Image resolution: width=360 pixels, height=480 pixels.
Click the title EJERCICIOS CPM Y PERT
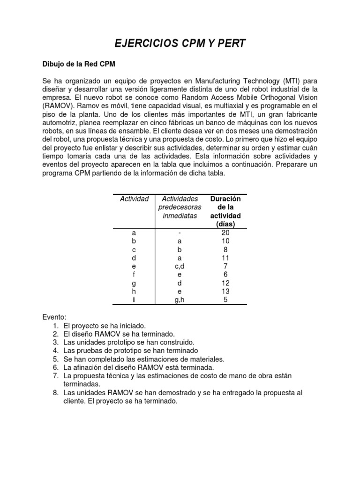pos(180,44)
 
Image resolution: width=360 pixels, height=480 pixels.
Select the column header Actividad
pos(134,199)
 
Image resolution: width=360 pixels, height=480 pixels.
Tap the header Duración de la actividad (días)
pos(225,211)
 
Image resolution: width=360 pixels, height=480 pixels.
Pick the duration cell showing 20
pos(225,232)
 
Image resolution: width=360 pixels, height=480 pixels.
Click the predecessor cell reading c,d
pos(180,266)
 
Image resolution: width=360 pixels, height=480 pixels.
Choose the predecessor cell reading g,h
pos(180,300)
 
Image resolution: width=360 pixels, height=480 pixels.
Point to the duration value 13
pos(225,291)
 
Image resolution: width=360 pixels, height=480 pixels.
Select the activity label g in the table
pos(134,283)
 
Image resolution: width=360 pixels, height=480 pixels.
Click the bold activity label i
pos(134,300)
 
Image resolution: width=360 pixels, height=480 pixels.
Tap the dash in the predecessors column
pos(180,232)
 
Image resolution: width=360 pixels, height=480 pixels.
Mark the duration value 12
pos(225,283)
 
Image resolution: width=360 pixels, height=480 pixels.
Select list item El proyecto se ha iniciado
pos(105,325)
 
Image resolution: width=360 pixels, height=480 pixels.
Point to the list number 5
pos(55,359)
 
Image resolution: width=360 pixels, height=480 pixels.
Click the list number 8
pos(55,393)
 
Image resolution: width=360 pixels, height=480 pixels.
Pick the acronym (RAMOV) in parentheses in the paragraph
pos(57,106)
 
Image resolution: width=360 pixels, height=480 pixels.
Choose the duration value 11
pos(225,258)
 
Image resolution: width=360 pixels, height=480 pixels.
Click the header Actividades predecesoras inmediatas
pos(180,207)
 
